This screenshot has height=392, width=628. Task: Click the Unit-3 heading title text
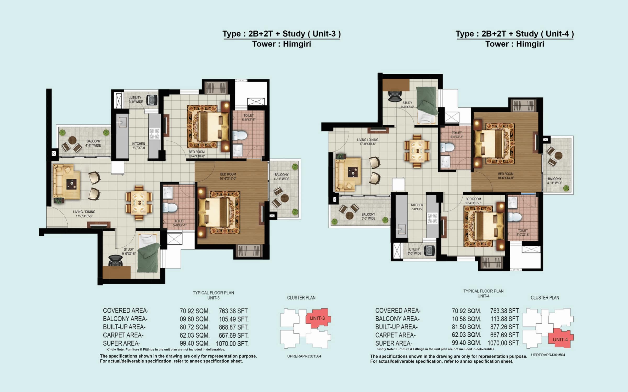click(x=282, y=34)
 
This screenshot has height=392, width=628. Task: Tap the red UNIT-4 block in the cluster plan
click(x=560, y=339)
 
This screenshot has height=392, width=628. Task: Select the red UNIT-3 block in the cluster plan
click(x=317, y=318)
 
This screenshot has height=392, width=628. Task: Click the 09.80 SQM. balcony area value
click(x=194, y=319)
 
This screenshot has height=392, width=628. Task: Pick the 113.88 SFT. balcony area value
click(x=505, y=319)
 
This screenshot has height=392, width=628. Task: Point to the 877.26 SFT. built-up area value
click(x=505, y=327)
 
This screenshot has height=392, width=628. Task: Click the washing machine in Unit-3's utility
click(x=152, y=100)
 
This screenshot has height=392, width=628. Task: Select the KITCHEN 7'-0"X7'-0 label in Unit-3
click(x=138, y=146)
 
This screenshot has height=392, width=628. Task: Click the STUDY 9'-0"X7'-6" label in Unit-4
click(x=407, y=105)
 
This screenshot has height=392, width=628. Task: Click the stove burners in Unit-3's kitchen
click(x=154, y=134)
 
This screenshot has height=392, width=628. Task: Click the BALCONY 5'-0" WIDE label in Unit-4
click(x=368, y=216)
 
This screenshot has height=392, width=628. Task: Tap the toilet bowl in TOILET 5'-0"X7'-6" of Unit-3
click(x=240, y=136)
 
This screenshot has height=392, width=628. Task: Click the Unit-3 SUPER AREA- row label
click(x=121, y=343)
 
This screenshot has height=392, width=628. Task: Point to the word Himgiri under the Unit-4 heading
click(x=530, y=44)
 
